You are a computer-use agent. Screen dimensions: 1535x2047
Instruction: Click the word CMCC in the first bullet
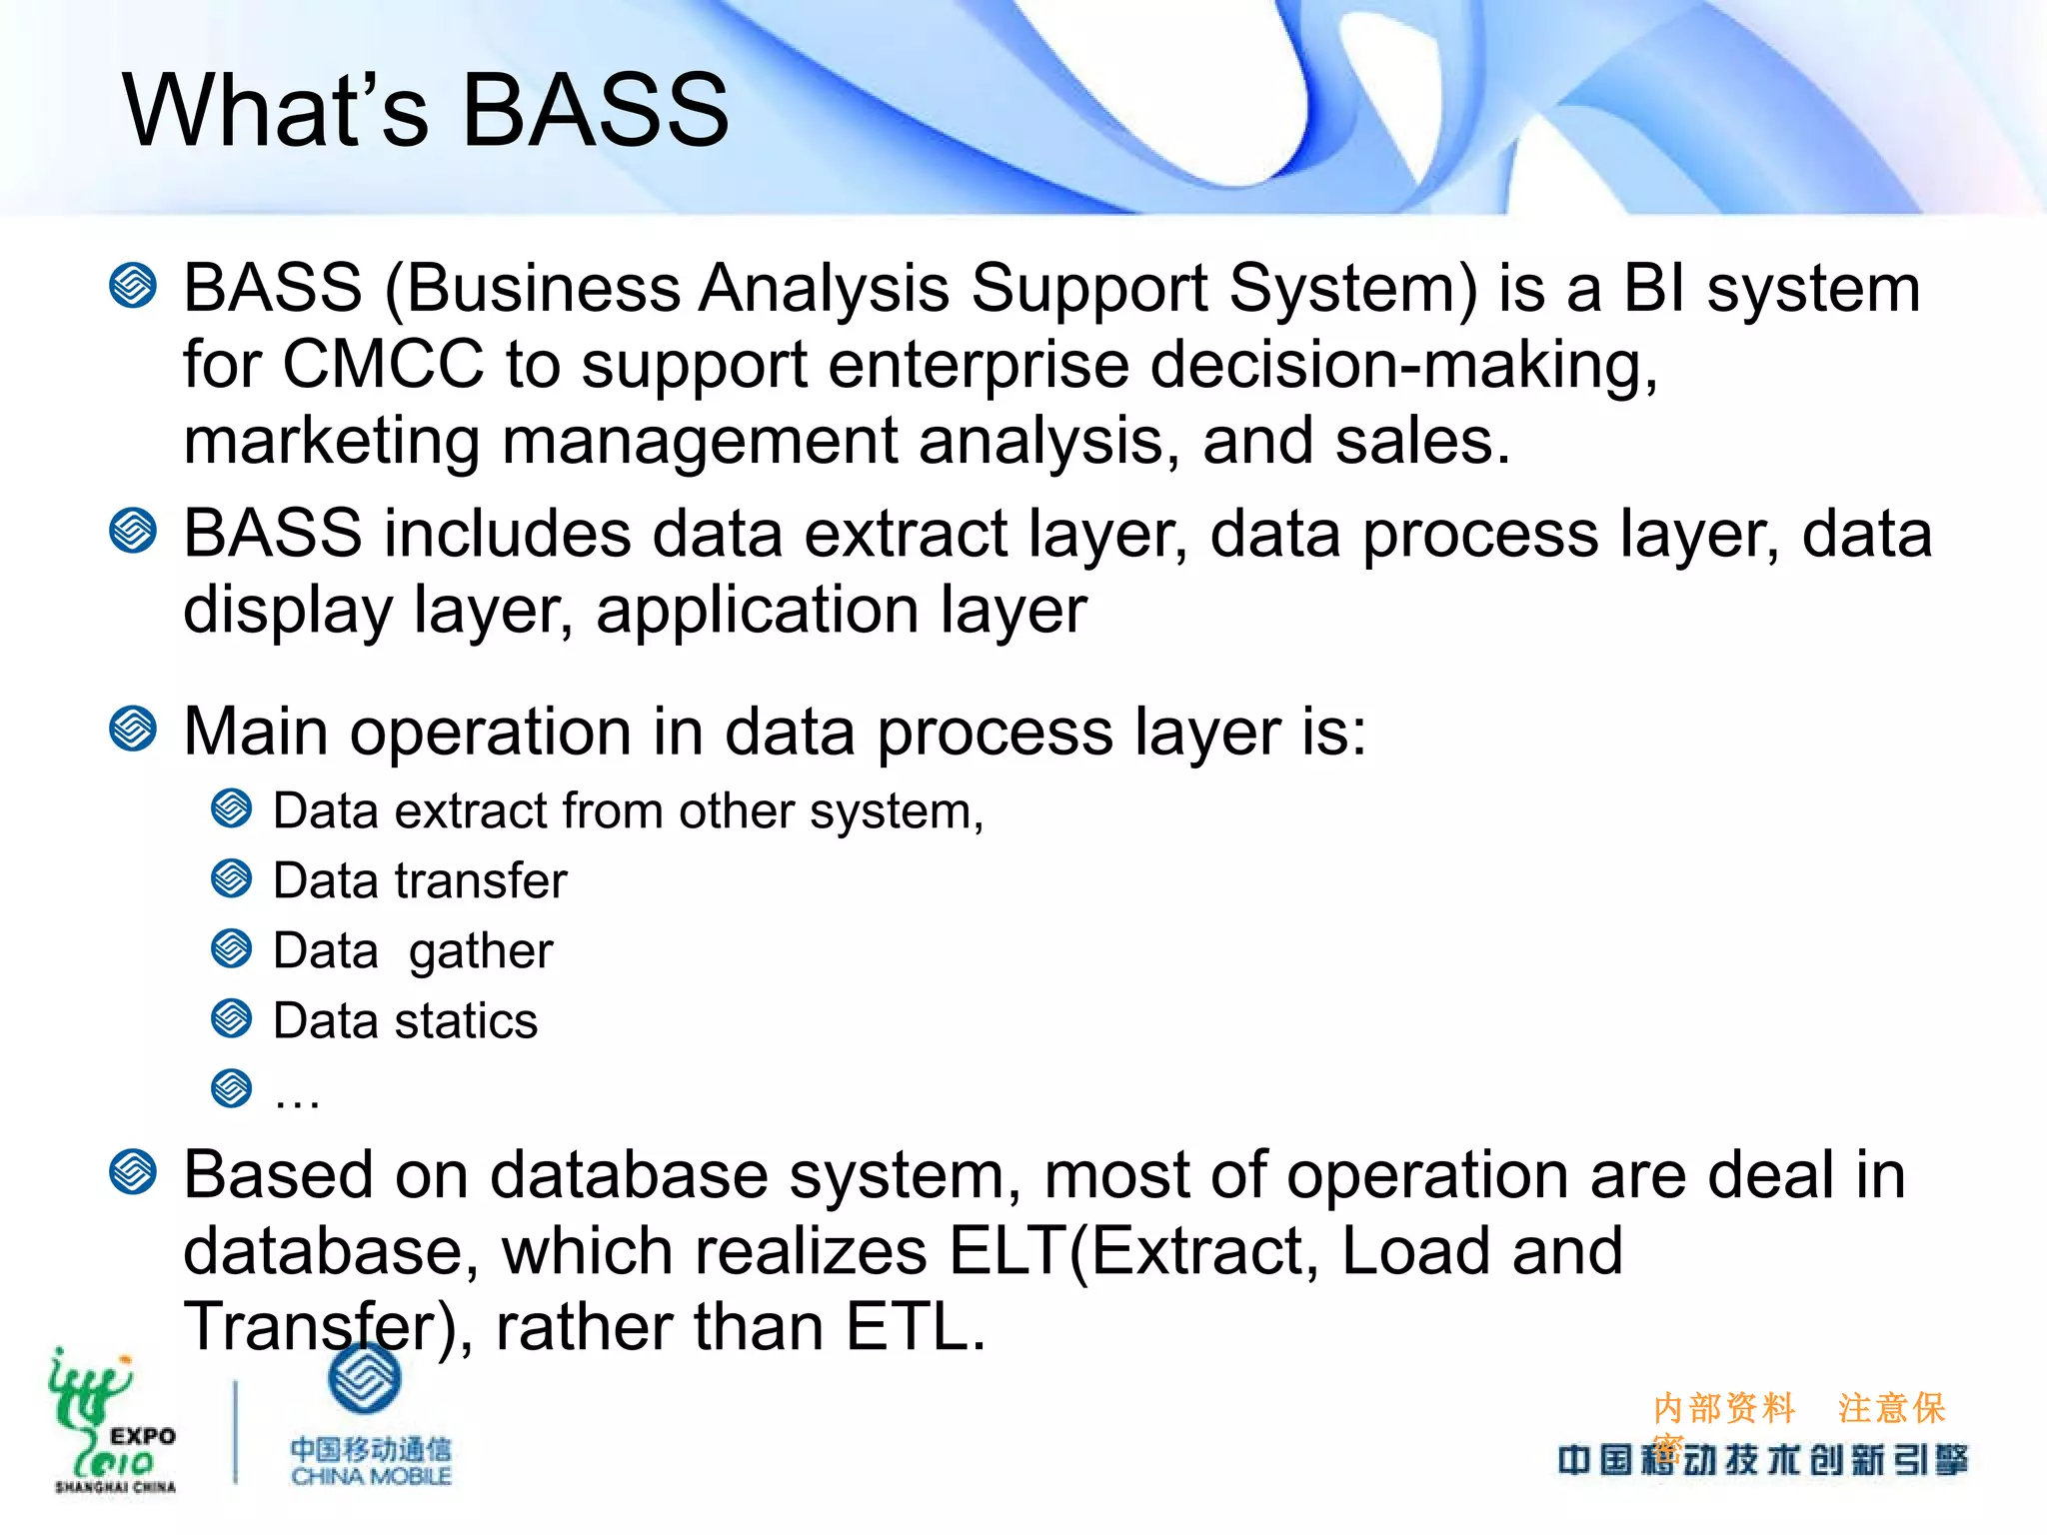(x=383, y=364)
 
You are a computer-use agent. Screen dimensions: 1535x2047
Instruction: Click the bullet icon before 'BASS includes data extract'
(x=133, y=531)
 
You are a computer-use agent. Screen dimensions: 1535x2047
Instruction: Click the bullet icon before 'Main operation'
(x=133, y=729)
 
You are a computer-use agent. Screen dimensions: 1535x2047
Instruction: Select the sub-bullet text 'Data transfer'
(x=420, y=881)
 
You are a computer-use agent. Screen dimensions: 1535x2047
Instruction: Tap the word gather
(x=481, y=951)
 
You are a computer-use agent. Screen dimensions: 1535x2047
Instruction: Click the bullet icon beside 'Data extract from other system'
(x=232, y=808)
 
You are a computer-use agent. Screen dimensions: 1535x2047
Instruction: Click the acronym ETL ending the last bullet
(x=915, y=1327)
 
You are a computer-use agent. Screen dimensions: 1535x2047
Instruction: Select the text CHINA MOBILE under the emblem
(x=372, y=1476)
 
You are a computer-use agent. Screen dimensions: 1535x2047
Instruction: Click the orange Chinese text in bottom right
(x=1798, y=1409)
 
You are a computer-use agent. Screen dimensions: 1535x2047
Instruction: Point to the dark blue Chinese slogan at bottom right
(x=1762, y=1460)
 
